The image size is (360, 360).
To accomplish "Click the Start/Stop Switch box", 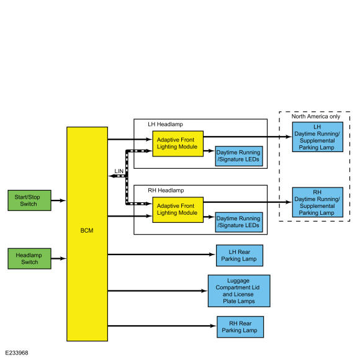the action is point(29,200).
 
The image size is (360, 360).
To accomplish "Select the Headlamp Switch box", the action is point(29,259).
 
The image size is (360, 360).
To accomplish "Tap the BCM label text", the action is point(87,230).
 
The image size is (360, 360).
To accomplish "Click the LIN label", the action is point(119,171).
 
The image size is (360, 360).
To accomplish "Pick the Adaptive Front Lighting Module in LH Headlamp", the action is point(178,144).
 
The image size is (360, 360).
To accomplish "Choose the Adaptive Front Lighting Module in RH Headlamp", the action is point(178,210).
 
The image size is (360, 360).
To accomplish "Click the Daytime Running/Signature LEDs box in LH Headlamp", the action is point(239,156).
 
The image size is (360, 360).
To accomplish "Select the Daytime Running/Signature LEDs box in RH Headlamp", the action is point(239,222).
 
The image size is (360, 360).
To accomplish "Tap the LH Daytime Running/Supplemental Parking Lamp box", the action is point(318,137).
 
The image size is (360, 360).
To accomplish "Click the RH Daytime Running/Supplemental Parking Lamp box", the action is point(318,202).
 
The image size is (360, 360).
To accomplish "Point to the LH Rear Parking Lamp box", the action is point(240,256).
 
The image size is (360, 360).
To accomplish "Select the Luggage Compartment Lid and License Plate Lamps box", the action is point(239,291).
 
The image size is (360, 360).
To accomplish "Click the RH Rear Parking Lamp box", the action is point(240,327).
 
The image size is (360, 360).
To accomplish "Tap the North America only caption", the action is point(316,117).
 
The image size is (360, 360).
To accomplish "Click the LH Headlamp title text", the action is point(165,124).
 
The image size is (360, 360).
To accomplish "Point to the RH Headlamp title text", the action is point(166,191).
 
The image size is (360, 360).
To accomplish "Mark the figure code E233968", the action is point(17,353).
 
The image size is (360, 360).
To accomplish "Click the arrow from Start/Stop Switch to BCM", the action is point(58,200).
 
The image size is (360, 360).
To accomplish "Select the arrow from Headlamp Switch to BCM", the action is point(58,259).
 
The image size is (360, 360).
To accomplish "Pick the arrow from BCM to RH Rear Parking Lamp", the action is point(162,326).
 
